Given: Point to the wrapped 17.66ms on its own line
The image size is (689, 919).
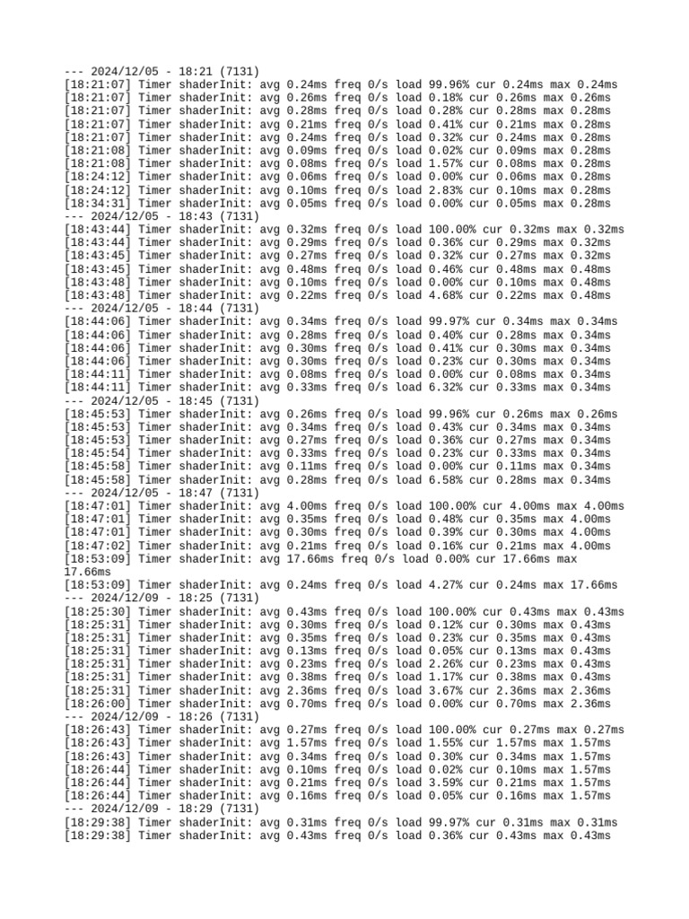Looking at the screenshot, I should click(x=88, y=572).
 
